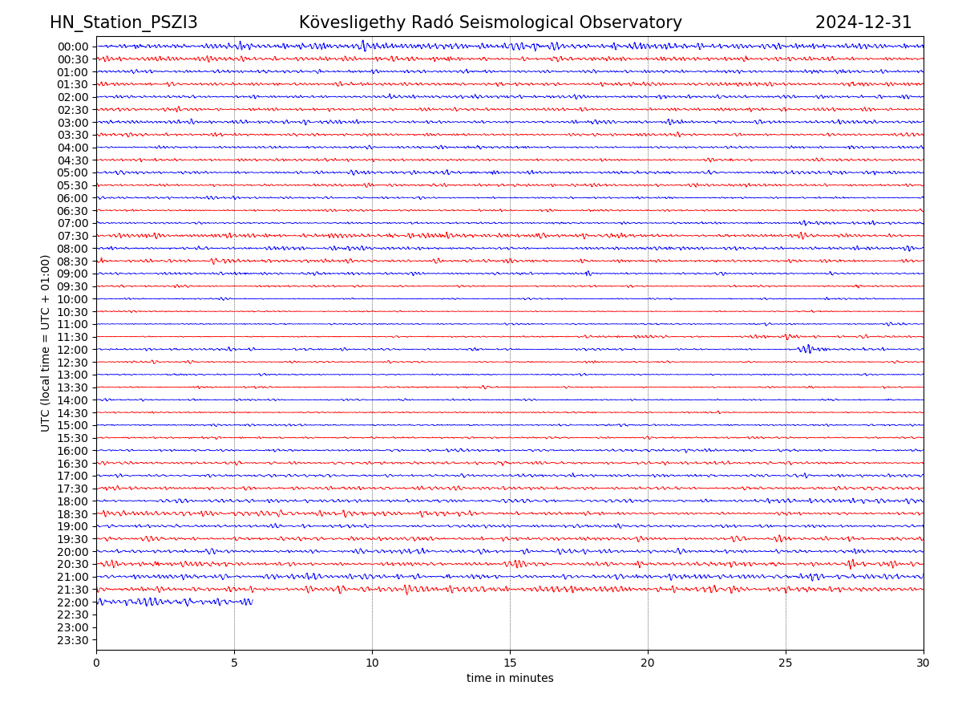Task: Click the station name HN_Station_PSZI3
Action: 123,22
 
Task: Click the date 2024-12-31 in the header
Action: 863,22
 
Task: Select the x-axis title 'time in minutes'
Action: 510,679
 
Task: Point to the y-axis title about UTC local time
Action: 46,343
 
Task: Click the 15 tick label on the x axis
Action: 510,663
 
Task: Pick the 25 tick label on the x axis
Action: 786,663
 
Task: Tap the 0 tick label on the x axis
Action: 96,663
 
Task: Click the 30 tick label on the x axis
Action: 924,663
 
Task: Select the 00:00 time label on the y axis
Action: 73,47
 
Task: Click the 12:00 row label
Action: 73,350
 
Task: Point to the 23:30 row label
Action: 73,640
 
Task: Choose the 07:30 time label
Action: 73,236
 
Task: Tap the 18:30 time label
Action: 73,514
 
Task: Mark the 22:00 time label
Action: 73,602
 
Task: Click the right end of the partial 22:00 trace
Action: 252,602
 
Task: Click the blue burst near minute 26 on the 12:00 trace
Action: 807,349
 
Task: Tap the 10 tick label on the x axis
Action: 372,663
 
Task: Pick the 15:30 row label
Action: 73,438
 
